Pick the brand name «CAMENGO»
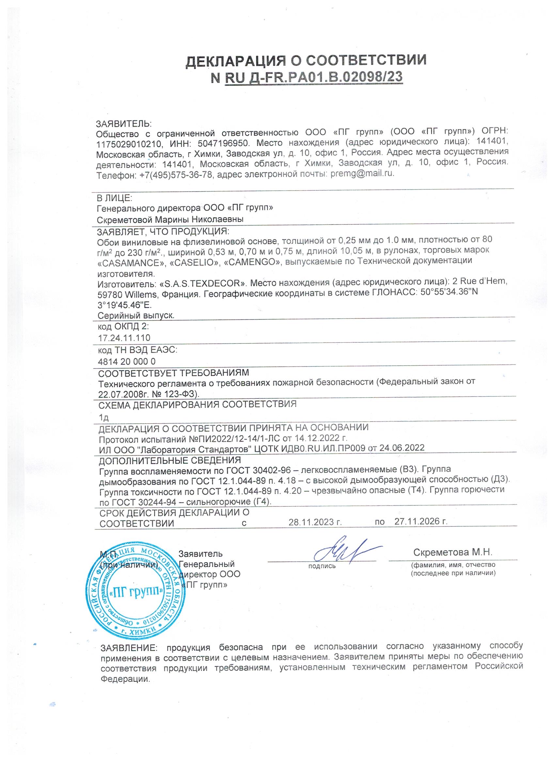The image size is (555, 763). click(x=252, y=262)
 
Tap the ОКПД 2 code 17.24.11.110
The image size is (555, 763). click(x=124, y=338)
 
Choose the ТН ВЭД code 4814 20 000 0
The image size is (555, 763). click(x=127, y=361)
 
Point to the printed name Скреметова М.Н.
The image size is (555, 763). click(x=453, y=553)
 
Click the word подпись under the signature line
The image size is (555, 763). click(x=322, y=566)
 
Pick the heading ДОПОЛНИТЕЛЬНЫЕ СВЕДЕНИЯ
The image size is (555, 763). click(x=170, y=460)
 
